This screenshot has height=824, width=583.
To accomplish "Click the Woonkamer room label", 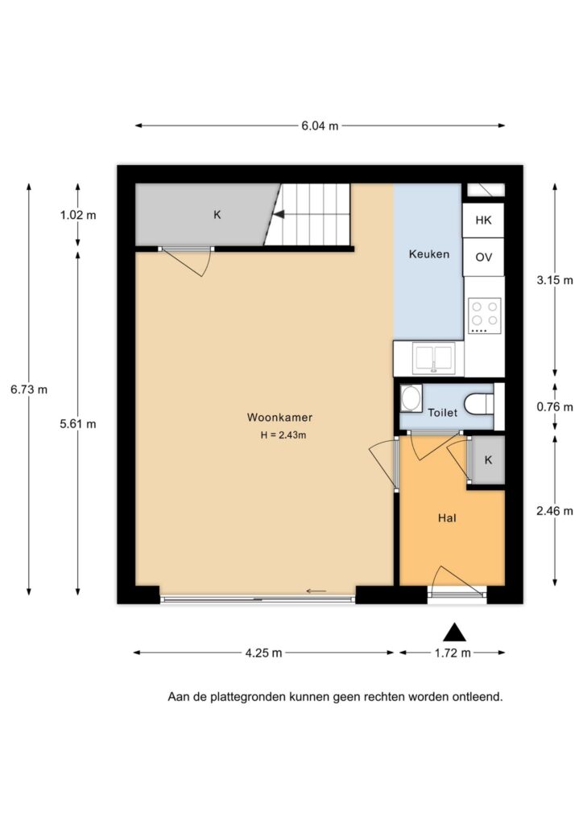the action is point(279,418).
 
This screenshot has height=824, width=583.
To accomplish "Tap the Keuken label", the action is point(429,254).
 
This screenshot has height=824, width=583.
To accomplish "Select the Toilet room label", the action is point(443,413).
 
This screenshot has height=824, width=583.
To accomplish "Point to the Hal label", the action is point(447,518).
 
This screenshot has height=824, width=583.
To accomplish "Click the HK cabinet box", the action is point(484,220).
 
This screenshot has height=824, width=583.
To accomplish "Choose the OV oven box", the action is point(484,257).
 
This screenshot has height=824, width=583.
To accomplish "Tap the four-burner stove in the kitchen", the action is point(485,315).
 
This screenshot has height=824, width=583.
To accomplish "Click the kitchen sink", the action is point(434,358).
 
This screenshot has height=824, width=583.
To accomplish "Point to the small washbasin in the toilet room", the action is point(411,399).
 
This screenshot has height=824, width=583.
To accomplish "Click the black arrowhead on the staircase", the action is point(279,214).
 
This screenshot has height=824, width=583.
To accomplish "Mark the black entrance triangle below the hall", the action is point(454,632).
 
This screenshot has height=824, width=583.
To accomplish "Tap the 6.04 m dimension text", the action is point(320,126).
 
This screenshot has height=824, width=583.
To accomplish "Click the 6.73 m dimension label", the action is point(29,389).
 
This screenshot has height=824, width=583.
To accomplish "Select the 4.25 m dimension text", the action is point(263,653).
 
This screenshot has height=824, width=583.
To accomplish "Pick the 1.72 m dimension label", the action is point(453,653).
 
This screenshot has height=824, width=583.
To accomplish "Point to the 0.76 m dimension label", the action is point(555,407).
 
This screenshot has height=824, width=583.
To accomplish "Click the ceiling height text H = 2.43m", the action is point(283,435).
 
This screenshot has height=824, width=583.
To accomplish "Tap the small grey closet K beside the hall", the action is point(488,460).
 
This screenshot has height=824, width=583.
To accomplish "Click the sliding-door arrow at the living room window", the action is point(316,591).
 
